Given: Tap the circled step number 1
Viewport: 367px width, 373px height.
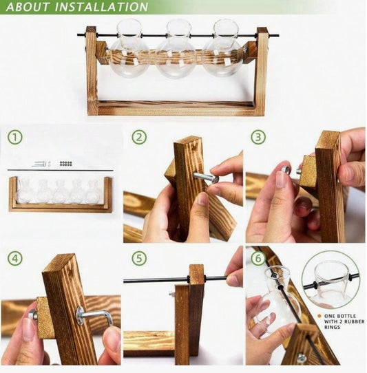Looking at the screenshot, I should pyautogui.click(x=15, y=137).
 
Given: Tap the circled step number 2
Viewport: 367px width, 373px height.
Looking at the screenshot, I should pyautogui.click(x=139, y=137).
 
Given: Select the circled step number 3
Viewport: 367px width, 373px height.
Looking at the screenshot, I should pyautogui.click(x=258, y=137).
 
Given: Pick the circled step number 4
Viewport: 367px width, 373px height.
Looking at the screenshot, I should pyautogui.click(x=15, y=259).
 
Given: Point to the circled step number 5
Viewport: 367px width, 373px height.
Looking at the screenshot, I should pyautogui.click(x=139, y=259).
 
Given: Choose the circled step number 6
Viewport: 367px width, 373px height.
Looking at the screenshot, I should pyautogui.click(x=258, y=259).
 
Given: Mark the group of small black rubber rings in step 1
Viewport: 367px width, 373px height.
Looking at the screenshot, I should pyautogui.click(x=66, y=164).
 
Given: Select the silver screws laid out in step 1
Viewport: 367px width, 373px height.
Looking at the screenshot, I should pyautogui.click(x=41, y=164).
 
